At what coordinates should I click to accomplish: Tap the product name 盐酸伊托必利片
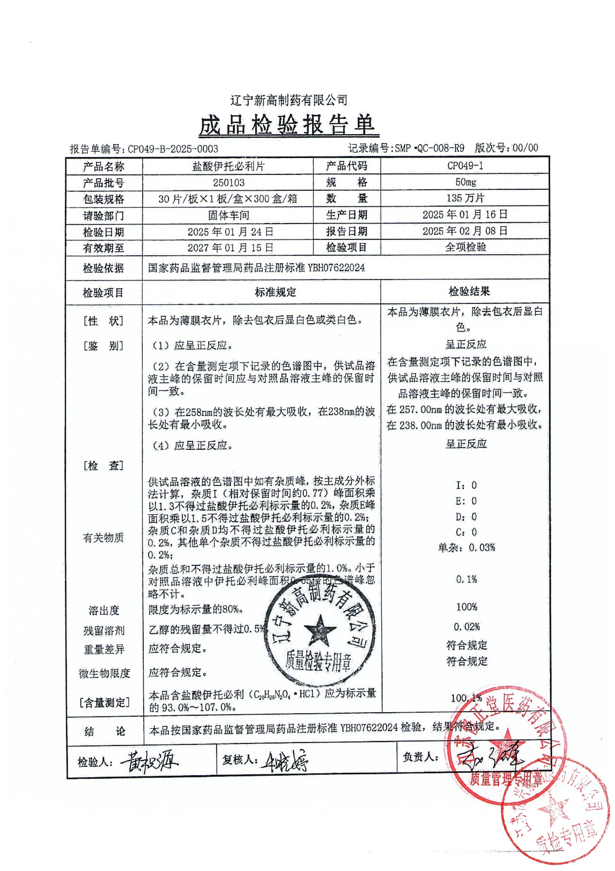(228, 166)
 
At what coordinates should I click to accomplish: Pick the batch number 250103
(228, 182)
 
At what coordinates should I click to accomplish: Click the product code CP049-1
(465, 166)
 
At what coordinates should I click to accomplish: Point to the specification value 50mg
(465, 182)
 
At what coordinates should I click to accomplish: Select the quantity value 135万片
(465, 198)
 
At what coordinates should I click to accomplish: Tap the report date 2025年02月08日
(465, 231)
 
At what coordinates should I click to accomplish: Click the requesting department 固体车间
(228, 215)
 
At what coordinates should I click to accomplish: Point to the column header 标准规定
(276, 292)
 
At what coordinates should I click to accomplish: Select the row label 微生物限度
(104, 673)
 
